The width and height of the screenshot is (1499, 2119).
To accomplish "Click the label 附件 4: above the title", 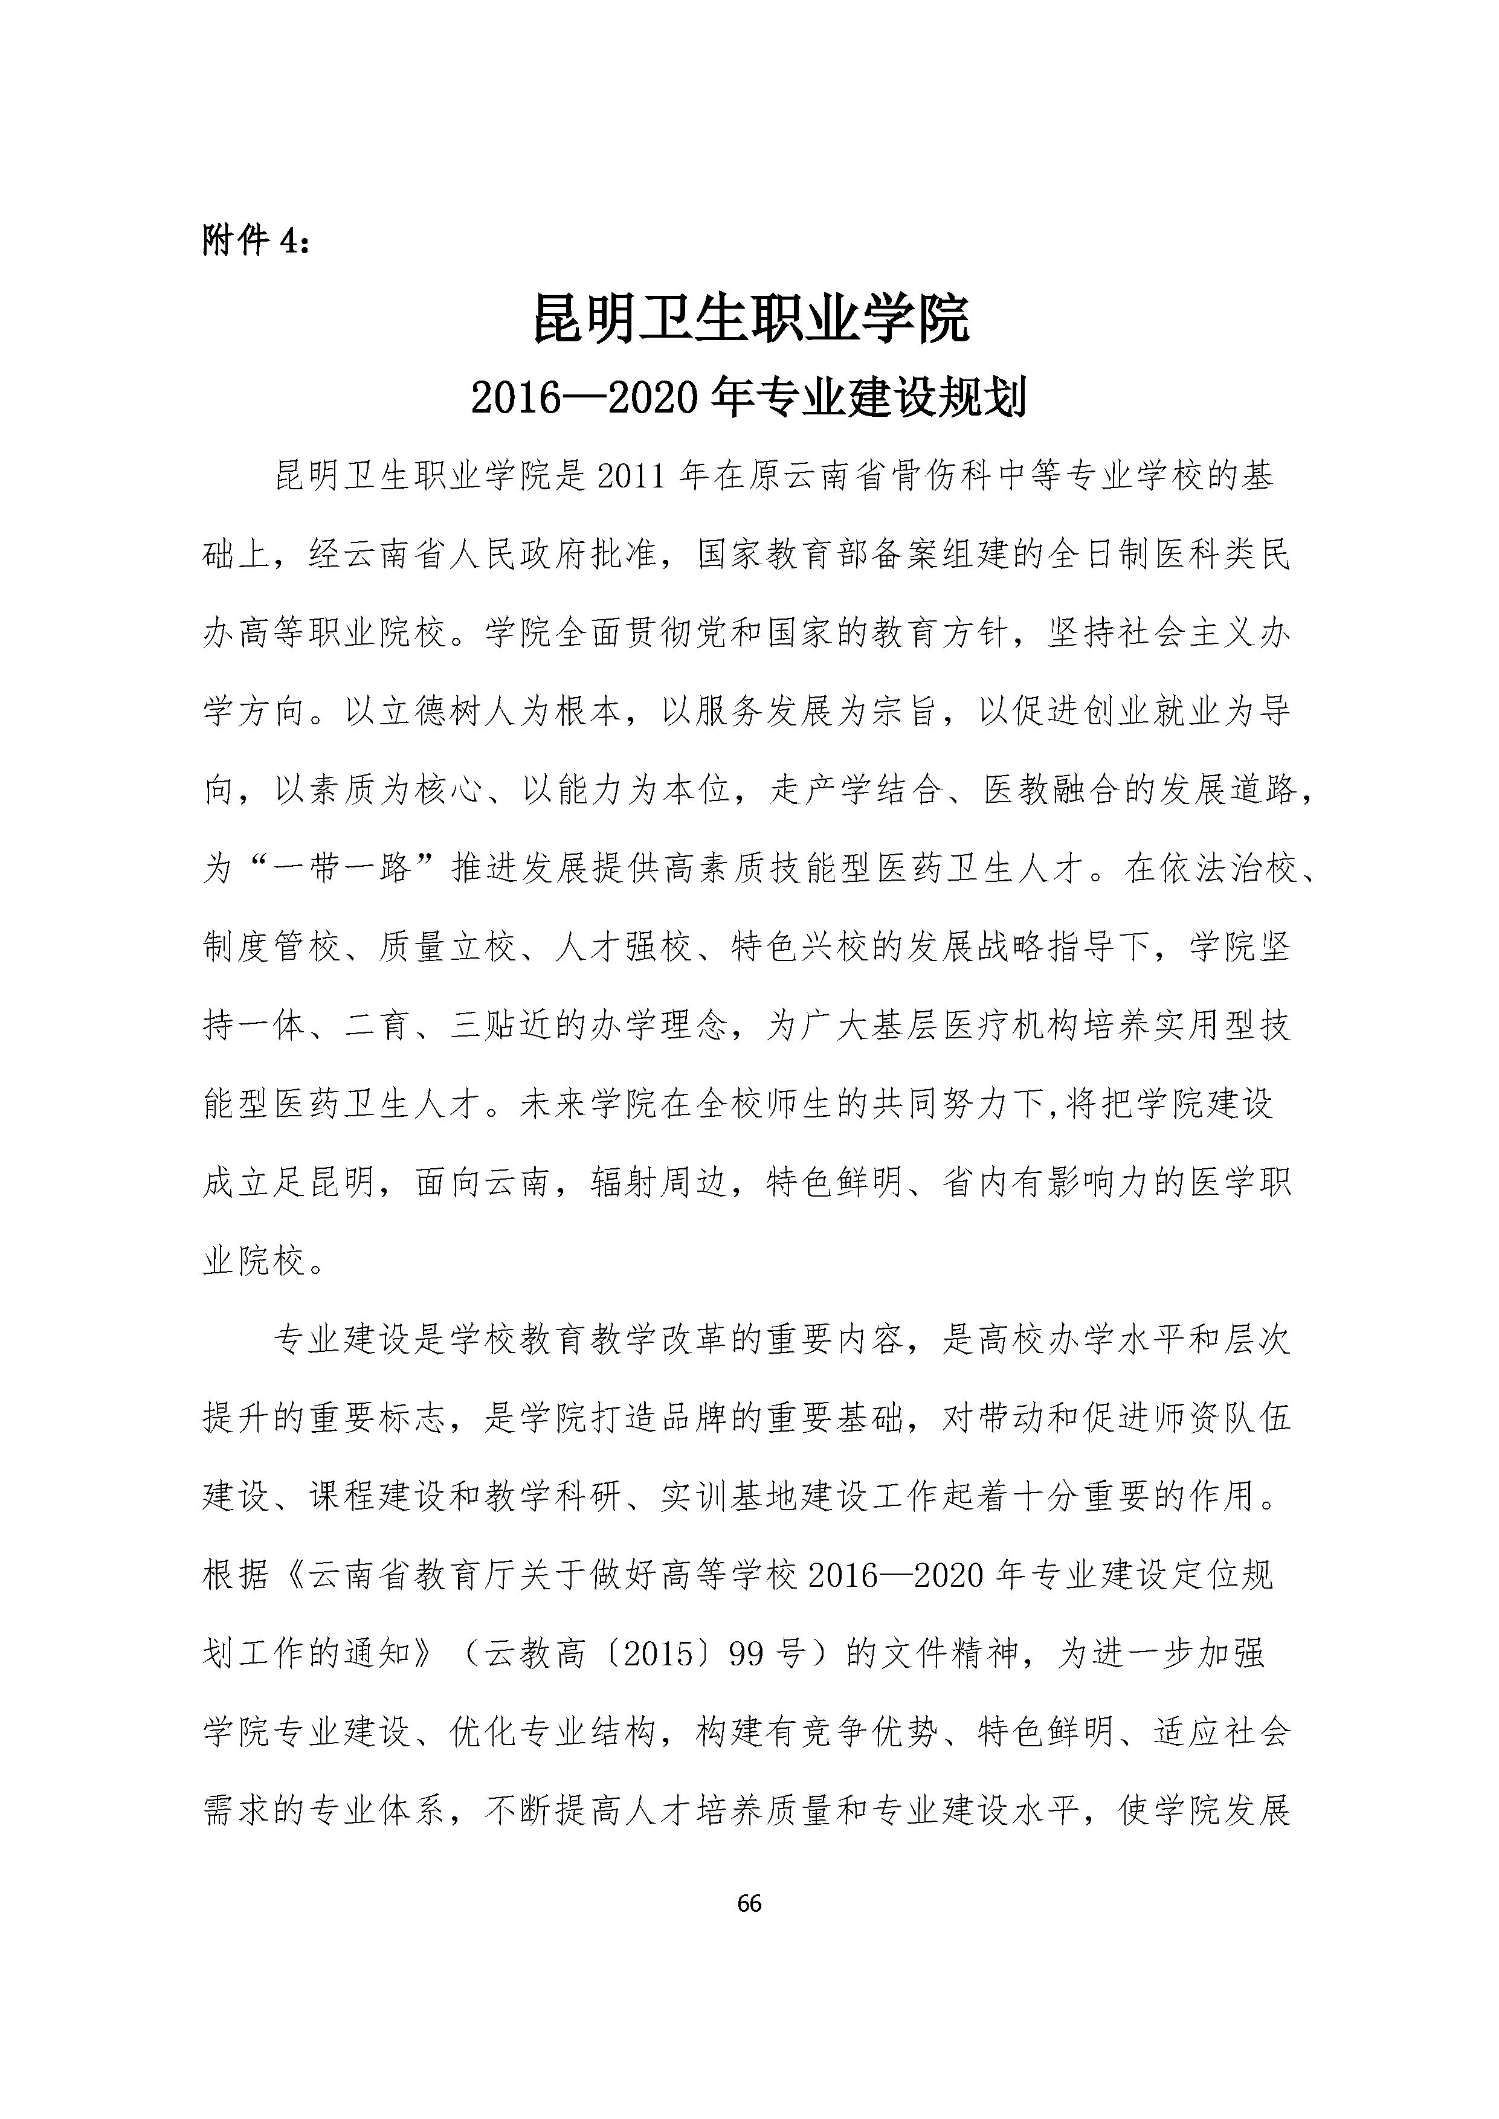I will coord(257,241).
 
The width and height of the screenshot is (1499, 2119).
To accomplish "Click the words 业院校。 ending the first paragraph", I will coord(265,1261).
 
